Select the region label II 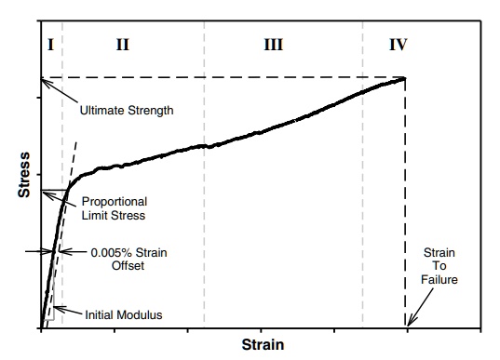pyautogui.click(x=123, y=44)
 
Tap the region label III pyautogui.click(x=273, y=44)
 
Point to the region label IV pyautogui.click(x=397, y=44)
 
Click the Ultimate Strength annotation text pyautogui.click(x=125, y=110)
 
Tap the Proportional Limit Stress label pyautogui.click(x=115, y=208)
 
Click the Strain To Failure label pyautogui.click(x=439, y=267)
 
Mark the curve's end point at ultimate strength pyautogui.click(x=405, y=78)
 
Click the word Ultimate pyautogui.click(x=99, y=110)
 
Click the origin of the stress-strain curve pyautogui.click(x=41, y=327)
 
